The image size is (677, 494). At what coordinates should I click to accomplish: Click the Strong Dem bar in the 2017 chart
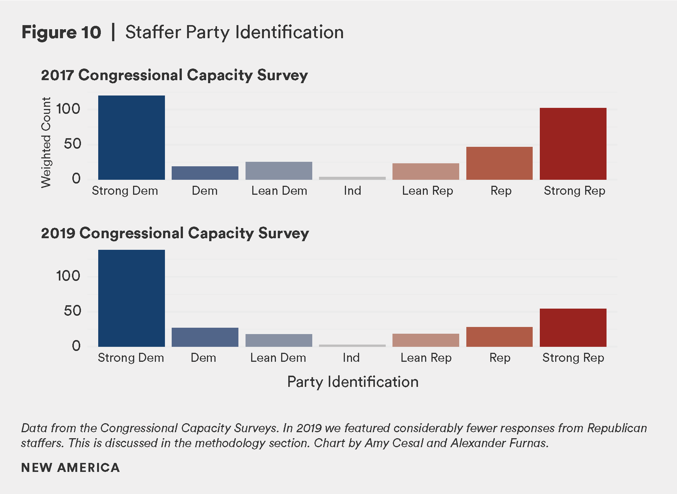point(131,137)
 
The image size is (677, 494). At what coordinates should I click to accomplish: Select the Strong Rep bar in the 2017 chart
point(573,144)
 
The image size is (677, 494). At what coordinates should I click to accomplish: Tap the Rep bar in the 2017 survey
point(499,163)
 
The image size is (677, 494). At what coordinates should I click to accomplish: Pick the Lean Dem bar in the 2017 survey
point(279,171)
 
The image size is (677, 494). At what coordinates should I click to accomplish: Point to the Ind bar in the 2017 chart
point(352,178)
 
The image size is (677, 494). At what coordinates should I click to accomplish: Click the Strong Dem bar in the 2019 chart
point(131,298)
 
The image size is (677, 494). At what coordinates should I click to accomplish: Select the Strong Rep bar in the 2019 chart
point(573,328)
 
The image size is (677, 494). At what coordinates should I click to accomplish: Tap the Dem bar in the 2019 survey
point(205,337)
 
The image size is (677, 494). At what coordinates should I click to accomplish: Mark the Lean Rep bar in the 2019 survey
point(425,340)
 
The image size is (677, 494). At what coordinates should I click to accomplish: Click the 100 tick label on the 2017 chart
point(68,109)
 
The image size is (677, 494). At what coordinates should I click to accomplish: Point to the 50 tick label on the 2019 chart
point(72,311)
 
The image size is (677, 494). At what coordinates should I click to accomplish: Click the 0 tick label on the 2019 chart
point(76,346)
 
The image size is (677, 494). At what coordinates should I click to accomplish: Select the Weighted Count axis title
point(46,142)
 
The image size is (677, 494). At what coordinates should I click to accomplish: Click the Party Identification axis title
point(352,382)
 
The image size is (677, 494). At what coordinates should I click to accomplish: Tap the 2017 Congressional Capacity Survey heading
point(174,75)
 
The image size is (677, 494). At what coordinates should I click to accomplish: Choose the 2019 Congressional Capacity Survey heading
point(175,233)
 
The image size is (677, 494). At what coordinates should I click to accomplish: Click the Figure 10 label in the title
point(61,32)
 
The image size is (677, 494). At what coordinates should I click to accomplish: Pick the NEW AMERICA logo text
point(70,467)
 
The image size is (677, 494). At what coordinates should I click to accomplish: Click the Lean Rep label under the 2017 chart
point(427,191)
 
